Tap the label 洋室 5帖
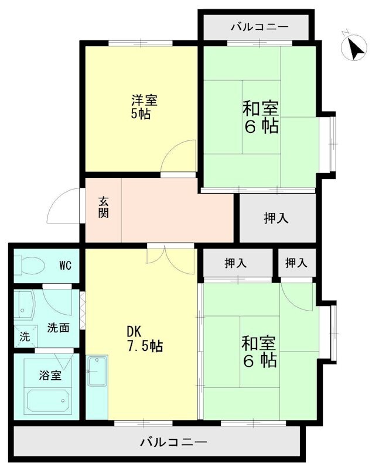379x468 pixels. pos(144,107)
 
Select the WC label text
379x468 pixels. pos(64,266)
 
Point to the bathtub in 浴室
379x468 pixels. pos(47,400)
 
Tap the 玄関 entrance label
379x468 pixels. pos(103,207)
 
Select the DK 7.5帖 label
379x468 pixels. pos(144,339)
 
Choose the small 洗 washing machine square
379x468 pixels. pos(24,336)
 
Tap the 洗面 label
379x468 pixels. pos(59,328)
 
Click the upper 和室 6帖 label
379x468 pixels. pos(261,117)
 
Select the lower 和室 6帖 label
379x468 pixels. pos(260,352)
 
